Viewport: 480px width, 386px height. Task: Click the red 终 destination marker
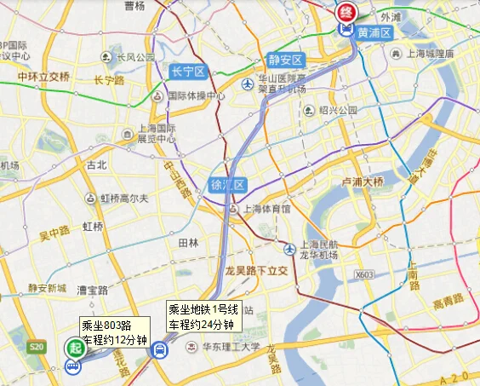[346, 13]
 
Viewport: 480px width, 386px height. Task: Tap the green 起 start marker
[75, 349]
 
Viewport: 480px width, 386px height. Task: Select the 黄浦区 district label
[374, 32]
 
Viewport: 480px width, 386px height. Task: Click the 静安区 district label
[285, 60]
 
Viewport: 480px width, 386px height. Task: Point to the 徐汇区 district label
[227, 184]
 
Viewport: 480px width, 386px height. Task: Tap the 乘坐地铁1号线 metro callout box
[202, 316]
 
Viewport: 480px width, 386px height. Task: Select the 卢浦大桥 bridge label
[363, 181]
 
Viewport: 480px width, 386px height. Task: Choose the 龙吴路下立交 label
[259, 270]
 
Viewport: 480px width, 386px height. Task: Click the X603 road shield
[363, 274]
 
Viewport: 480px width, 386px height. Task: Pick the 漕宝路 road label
[91, 291]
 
